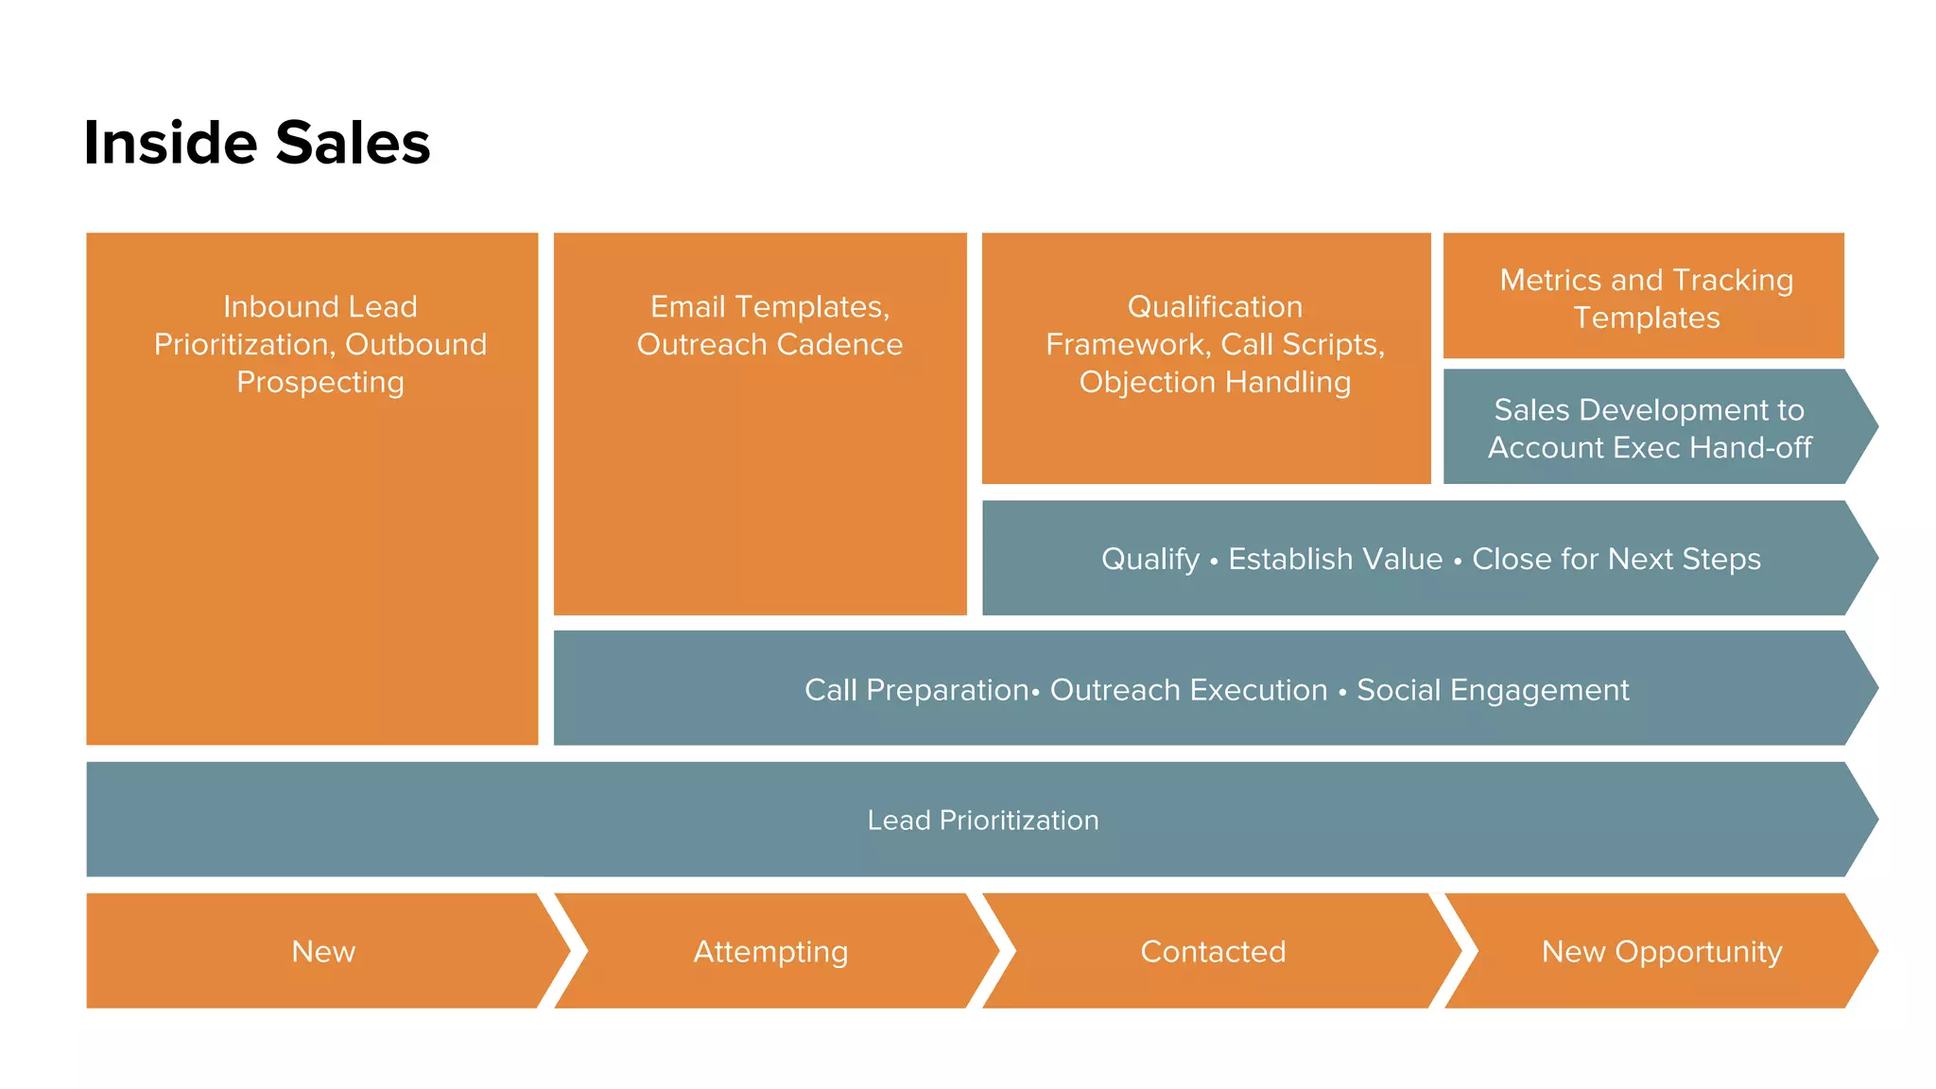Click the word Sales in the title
pos(353,144)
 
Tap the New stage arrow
pos(323,951)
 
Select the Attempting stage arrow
pos(770,951)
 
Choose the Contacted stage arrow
pos(1213,951)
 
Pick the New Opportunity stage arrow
pos(1661,951)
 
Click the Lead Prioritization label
pos(982,820)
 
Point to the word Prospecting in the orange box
pos(320,382)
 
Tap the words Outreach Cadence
pos(769,344)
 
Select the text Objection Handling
pos(1215,382)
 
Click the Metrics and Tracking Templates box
pos(1645,297)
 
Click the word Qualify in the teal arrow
pos(1149,559)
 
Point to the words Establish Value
pos(1335,559)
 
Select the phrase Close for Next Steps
pos(1616,559)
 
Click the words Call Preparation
pos(915,690)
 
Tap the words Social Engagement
pos(1493,690)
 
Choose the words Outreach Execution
pos(1188,690)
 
